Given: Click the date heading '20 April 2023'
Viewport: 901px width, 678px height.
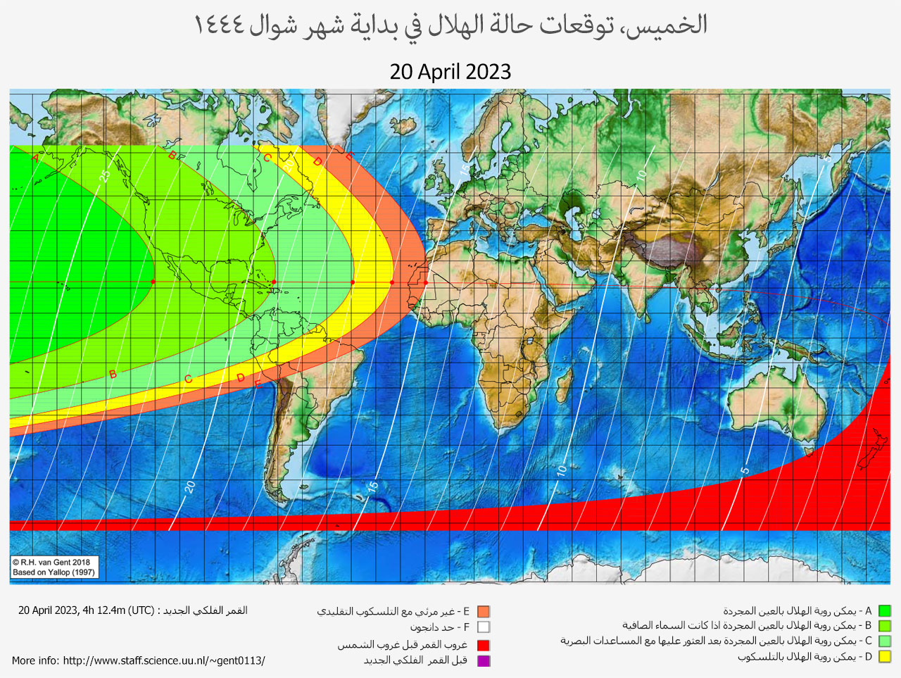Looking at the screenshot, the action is pyautogui.click(x=450, y=72).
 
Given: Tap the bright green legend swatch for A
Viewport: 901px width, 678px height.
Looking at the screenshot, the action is pyautogui.click(x=885, y=611).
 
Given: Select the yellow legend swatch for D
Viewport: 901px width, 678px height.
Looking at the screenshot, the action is pyautogui.click(x=885, y=657).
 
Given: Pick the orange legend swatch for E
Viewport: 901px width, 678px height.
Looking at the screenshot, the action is pyautogui.click(x=483, y=612).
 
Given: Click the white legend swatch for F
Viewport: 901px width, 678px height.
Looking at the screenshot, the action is pyautogui.click(x=483, y=627).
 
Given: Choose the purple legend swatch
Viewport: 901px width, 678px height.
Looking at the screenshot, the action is pyautogui.click(x=483, y=660).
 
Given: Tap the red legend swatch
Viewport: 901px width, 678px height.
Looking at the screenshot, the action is pyautogui.click(x=483, y=645).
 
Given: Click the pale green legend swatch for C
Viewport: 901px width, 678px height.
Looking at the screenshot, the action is pyautogui.click(x=885, y=641).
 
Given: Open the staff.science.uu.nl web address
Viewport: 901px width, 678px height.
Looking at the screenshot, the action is pyautogui.click(x=164, y=660).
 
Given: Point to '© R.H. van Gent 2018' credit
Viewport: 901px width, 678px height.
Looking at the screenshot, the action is pyautogui.click(x=51, y=562).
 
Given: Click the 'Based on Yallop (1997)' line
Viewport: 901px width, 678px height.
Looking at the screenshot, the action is pyautogui.click(x=53, y=572).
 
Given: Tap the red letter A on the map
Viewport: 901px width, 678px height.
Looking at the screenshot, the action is pyautogui.click(x=35, y=158).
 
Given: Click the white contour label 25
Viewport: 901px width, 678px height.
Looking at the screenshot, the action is pyautogui.click(x=105, y=175).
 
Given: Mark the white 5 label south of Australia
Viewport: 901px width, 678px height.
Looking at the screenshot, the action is pyautogui.click(x=745, y=470).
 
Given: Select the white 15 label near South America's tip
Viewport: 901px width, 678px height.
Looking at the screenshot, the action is pyautogui.click(x=372, y=485).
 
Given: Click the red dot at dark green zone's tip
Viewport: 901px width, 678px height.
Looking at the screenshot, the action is pyautogui.click(x=153, y=282).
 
